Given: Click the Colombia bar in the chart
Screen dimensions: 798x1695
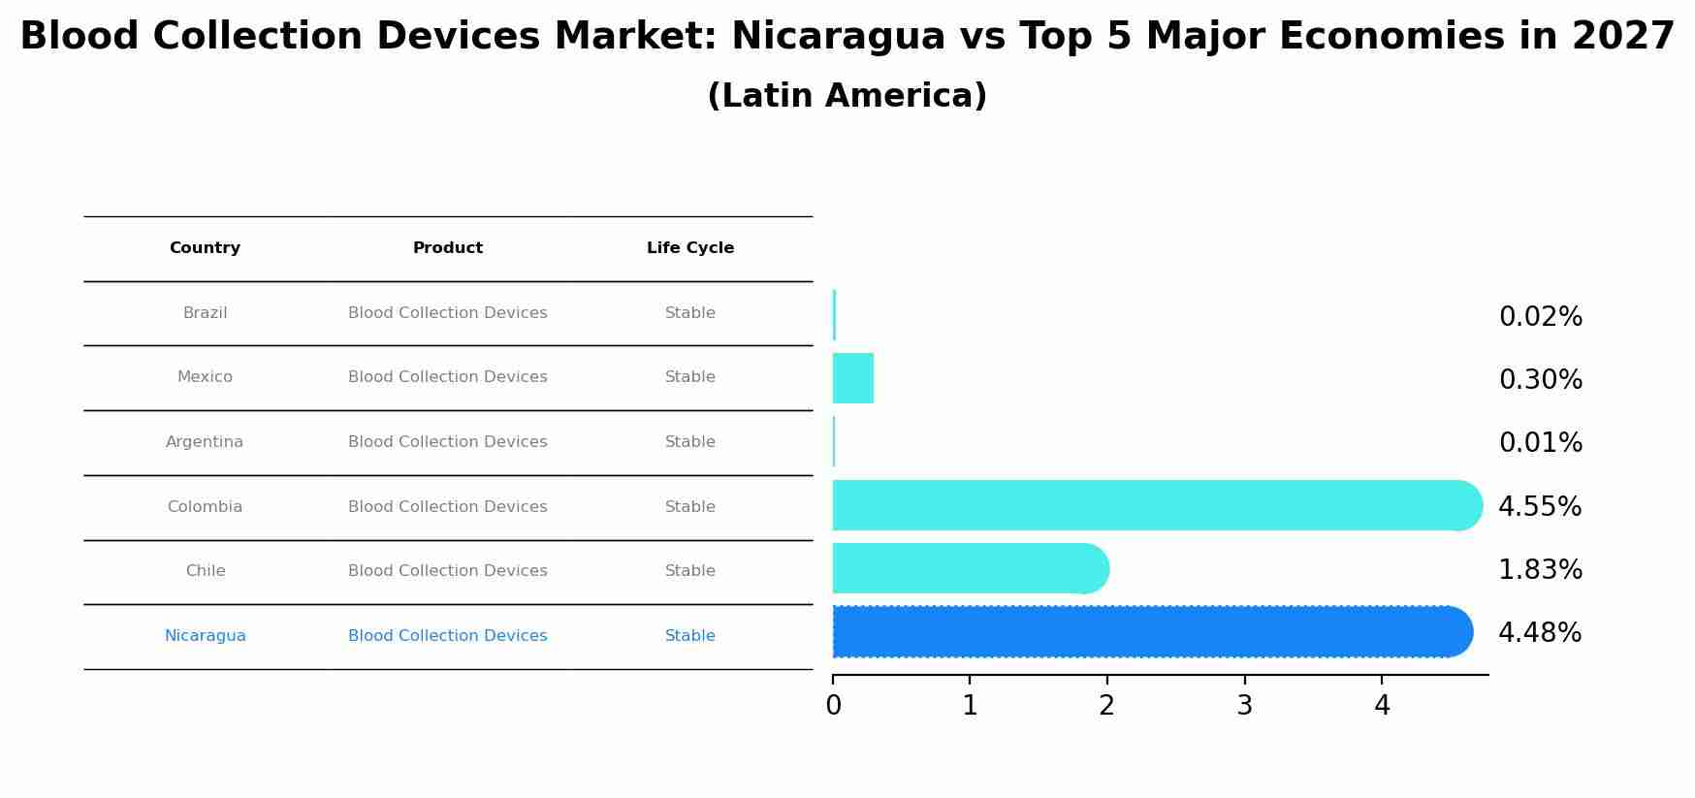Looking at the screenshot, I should [x=1154, y=505].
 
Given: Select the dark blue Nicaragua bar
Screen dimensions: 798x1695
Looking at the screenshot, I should [x=1149, y=632].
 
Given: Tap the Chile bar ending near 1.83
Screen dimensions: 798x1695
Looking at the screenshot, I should [x=970, y=568].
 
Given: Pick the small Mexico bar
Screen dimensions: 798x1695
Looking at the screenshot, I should [x=852, y=378].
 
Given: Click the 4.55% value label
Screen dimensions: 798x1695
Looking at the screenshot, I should [x=1539, y=506].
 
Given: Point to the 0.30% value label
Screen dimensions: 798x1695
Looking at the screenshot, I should [x=1540, y=380].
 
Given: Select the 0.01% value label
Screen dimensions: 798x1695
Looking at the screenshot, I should [x=1540, y=443].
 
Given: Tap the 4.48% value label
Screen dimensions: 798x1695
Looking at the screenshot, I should [x=1539, y=633].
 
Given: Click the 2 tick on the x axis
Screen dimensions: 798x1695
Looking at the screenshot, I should [x=1107, y=706].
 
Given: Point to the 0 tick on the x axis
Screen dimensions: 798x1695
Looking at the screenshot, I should [x=833, y=706].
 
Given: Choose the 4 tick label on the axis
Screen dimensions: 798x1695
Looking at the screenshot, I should [x=1382, y=706].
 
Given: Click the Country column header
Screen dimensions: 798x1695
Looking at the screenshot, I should [x=205, y=248].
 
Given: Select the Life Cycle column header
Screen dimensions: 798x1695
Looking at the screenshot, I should [x=689, y=248].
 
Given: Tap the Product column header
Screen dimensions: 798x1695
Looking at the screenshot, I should [x=447, y=248].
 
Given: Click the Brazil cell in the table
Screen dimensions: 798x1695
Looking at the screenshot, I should [x=205, y=313].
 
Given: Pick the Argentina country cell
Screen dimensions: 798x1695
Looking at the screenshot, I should [x=204, y=442].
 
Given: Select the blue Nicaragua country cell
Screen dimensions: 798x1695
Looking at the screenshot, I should [x=205, y=636].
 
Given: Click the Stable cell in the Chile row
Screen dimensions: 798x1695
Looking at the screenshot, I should [x=689, y=571].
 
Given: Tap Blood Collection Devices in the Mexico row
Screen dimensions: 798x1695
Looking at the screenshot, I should [x=447, y=377].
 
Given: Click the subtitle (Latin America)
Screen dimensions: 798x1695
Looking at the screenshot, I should [x=847, y=96].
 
